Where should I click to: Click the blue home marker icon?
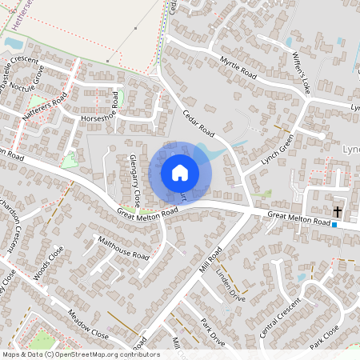tap(180, 172)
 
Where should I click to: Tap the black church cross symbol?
tap(337, 212)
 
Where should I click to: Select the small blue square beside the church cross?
tap(334, 225)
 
